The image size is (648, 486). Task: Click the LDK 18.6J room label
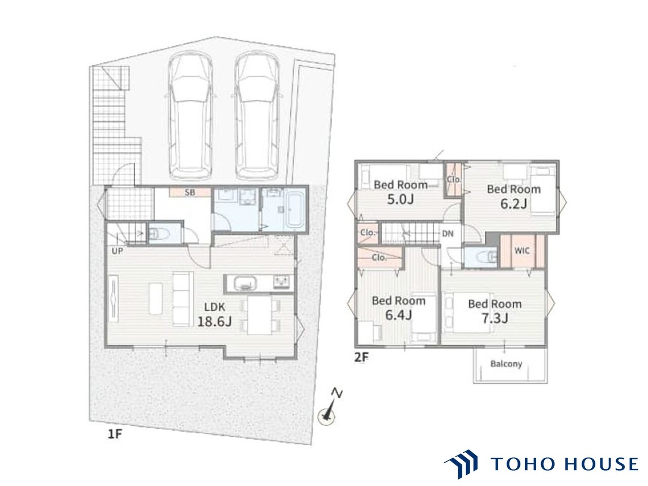click(214, 314)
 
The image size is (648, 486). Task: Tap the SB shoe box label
click(189, 192)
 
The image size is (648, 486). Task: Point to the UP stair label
click(117, 251)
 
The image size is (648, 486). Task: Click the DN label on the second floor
click(448, 234)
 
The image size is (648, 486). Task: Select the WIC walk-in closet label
click(521, 251)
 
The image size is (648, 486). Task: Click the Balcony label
click(506, 364)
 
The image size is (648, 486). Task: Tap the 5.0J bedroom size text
click(400, 199)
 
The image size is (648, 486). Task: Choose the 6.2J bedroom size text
click(513, 204)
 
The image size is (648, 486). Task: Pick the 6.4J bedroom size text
click(398, 315)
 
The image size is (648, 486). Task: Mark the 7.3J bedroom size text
click(495, 318)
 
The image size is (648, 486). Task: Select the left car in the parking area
click(190, 116)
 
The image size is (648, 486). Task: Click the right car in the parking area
click(257, 116)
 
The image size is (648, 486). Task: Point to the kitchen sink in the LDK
click(245, 283)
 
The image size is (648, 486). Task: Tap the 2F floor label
click(361, 357)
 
